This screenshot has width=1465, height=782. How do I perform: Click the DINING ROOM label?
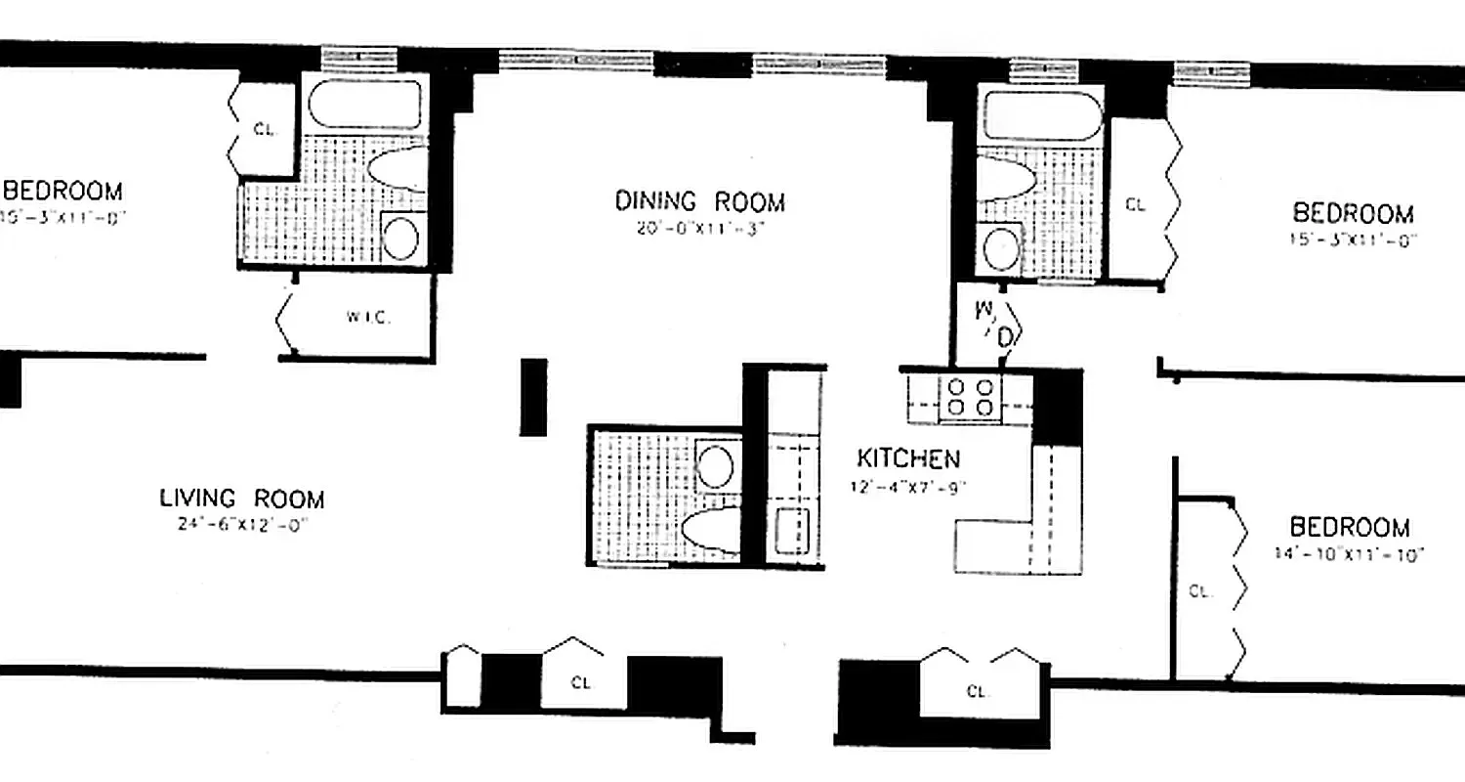(x=699, y=202)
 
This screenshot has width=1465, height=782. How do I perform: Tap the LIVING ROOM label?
(x=241, y=499)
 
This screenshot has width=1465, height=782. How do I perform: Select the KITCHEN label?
(x=907, y=458)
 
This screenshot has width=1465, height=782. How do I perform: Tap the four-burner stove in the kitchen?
(x=971, y=396)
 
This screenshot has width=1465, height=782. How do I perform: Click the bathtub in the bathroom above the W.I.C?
(x=364, y=104)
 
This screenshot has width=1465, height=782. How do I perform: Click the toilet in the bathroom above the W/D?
(x=1006, y=181)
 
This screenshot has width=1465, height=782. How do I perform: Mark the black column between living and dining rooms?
(x=533, y=396)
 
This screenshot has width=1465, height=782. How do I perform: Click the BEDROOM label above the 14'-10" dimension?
(x=1350, y=528)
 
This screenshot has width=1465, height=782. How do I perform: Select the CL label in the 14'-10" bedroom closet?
(x=1199, y=590)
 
